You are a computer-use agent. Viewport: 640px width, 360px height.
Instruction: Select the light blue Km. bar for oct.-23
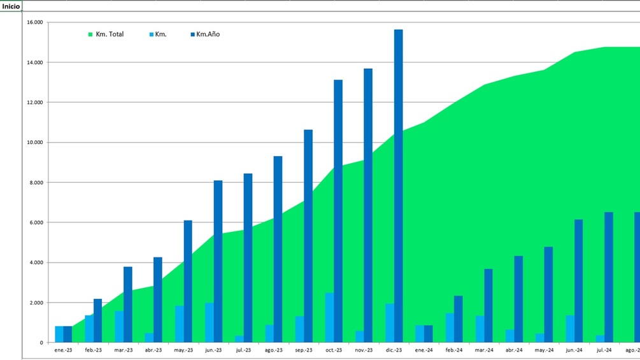329,318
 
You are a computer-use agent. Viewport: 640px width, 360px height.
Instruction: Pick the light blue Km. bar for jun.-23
210,322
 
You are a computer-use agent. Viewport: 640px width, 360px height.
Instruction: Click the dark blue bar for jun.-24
578,281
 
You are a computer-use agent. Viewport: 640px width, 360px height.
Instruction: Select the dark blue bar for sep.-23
308,236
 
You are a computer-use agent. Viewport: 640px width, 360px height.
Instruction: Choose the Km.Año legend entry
204,34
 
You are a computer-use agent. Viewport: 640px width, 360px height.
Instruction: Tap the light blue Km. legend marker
151,34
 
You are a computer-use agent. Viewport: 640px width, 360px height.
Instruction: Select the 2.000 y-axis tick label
34,303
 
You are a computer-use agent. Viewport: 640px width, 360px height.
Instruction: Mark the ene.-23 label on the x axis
63,350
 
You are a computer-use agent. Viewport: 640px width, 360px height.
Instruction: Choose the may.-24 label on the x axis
544,350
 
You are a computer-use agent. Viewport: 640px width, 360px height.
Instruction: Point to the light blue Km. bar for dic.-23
390,323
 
